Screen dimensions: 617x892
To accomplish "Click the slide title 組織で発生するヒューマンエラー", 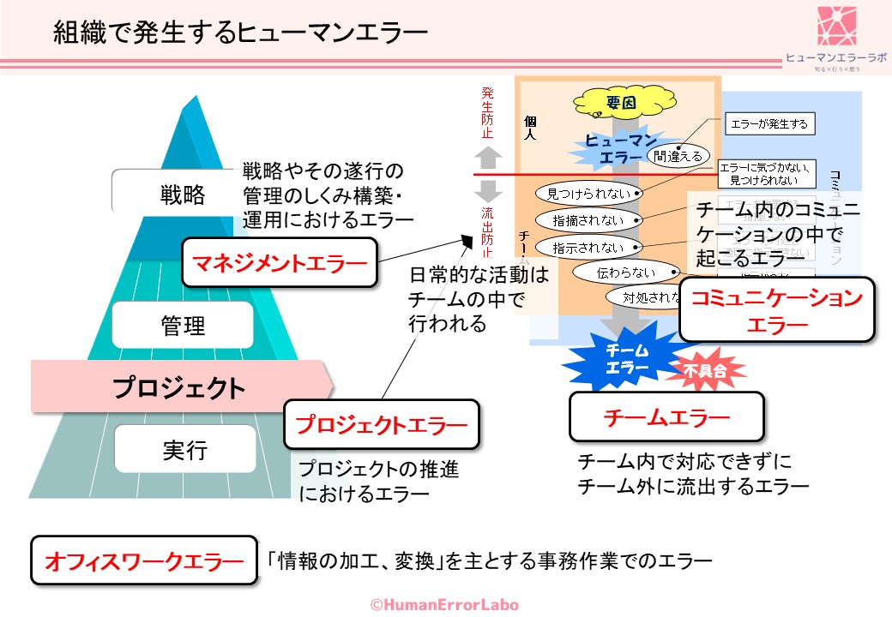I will pyautogui.click(x=240, y=33).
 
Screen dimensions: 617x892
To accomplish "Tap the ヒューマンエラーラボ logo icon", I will pyautogui.click(x=836, y=26).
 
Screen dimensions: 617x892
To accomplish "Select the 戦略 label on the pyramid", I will pyautogui.click(x=183, y=195).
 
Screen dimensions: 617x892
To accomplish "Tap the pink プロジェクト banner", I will pyautogui.click(x=180, y=387).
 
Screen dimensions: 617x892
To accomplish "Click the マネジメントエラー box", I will pyautogui.click(x=280, y=261).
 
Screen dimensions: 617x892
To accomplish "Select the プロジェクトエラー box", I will pyautogui.click(x=381, y=424).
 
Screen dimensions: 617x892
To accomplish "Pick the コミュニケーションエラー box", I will pyautogui.click(x=777, y=310).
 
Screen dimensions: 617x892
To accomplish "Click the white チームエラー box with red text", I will pyautogui.click(x=666, y=417).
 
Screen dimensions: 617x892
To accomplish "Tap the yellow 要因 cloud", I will pyautogui.click(x=619, y=102).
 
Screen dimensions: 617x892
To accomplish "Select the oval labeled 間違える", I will pyautogui.click(x=678, y=156).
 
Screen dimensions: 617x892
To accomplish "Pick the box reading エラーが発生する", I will pyautogui.click(x=768, y=124).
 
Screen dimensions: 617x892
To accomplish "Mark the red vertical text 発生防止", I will pyautogui.click(x=486, y=111).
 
